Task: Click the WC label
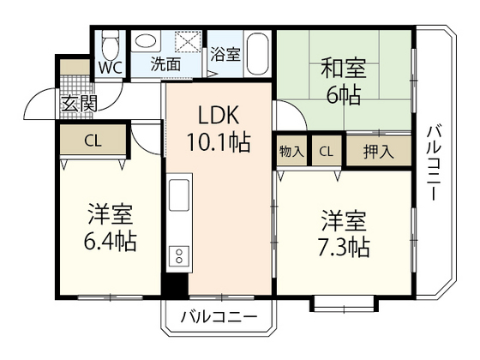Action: tap(110, 66)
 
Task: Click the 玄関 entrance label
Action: tap(78, 104)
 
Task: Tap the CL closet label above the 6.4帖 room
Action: tap(93, 141)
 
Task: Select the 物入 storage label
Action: tap(291, 152)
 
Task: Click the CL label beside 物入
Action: tap(327, 152)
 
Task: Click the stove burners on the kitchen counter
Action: tap(180, 255)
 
